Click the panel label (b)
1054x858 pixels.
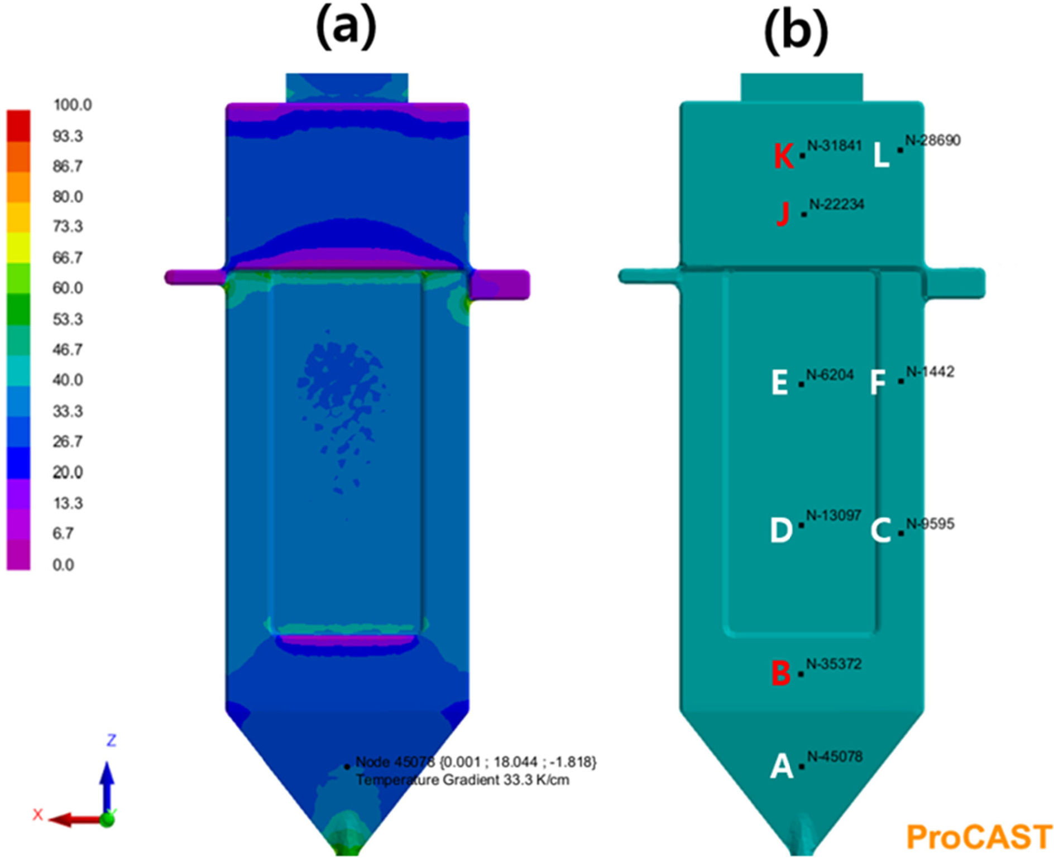[796, 32]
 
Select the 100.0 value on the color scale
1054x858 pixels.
[72, 105]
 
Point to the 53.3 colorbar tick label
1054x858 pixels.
[68, 319]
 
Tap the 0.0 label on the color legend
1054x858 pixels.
[63, 565]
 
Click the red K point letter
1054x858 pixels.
[783, 156]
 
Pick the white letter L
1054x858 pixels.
[881, 155]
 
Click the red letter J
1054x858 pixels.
[783, 214]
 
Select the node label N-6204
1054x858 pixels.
[830, 375]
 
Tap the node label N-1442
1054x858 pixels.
[930, 372]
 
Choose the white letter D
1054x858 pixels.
[781, 530]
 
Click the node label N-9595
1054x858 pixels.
[930, 524]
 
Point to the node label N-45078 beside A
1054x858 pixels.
[835, 756]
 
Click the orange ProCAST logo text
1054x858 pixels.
[979, 837]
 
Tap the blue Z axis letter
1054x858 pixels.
[111, 740]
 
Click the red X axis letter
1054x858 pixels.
[37, 814]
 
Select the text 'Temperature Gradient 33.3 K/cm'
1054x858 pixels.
[462, 780]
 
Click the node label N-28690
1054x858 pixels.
[933, 141]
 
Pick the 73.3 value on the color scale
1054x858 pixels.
[68, 226]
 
